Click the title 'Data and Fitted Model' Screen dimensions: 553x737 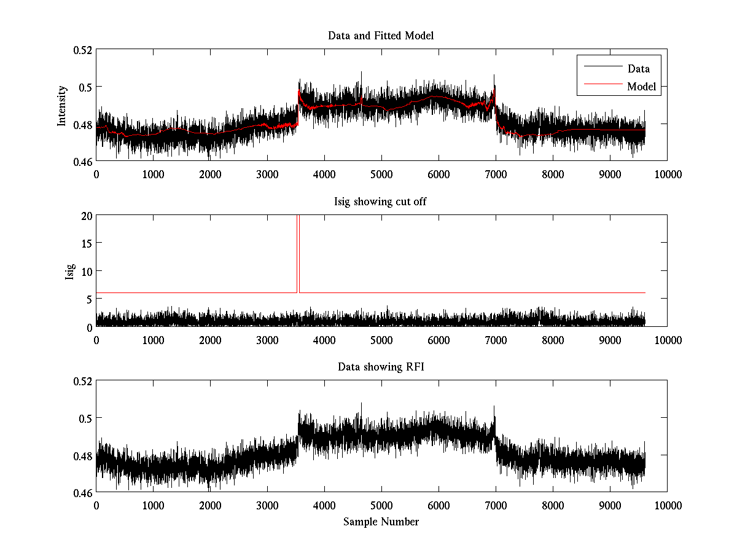(381, 36)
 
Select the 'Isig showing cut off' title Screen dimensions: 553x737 (381, 202)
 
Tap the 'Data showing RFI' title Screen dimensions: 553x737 (381, 367)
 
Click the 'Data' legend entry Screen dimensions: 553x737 (638, 69)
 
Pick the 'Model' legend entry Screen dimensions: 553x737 (641, 87)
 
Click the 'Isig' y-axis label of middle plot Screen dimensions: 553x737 (69, 271)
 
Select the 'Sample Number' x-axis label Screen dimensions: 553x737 (381, 522)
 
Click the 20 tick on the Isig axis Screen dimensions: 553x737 (85, 215)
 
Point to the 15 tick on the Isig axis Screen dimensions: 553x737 (85, 243)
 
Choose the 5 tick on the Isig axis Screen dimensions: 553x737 (88, 299)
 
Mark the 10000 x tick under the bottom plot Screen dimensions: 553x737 (668, 505)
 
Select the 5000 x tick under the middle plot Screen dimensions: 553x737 (381, 339)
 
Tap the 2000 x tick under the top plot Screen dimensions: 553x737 (210, 174)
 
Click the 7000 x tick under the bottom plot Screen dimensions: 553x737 (496, 505)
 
